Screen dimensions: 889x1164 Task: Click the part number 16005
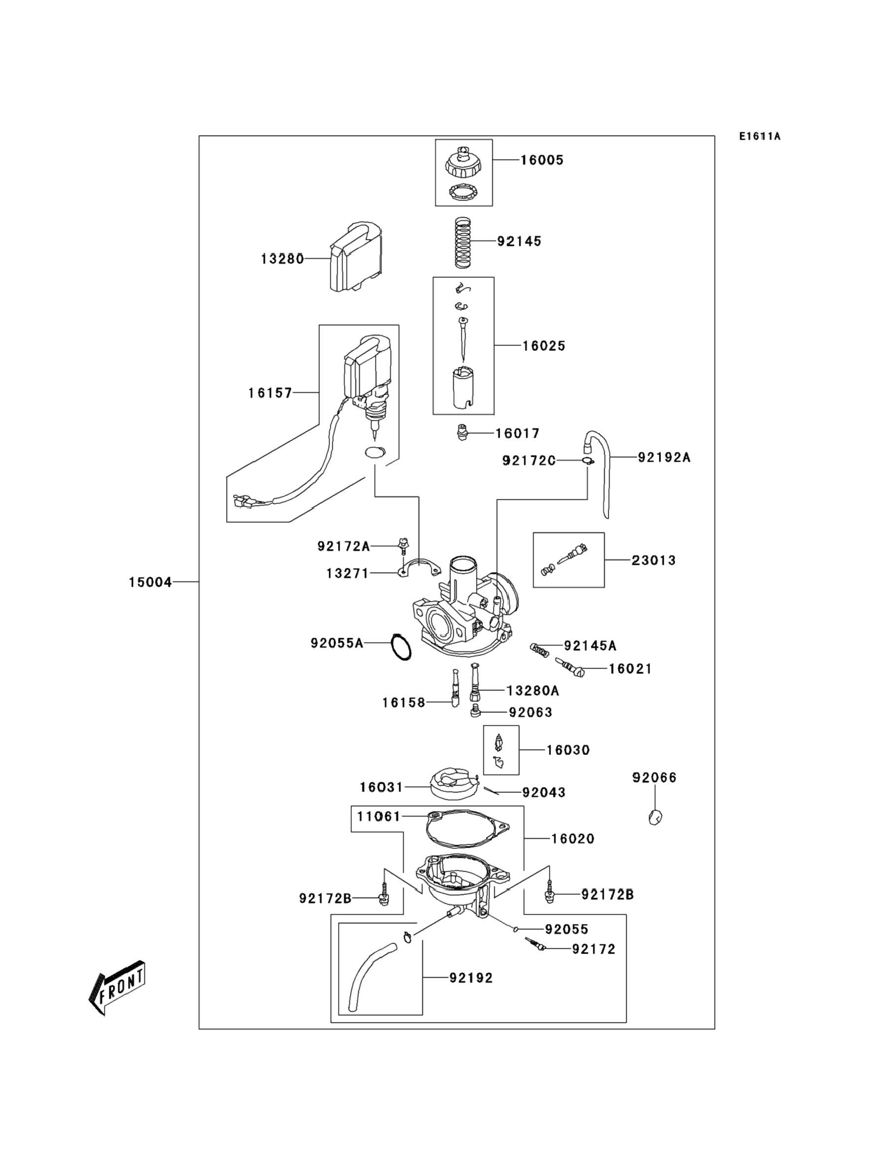tap(542, 160)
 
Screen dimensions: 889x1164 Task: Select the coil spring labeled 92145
tap(463, 243)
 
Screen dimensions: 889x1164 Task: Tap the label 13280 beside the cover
tap(282, 259)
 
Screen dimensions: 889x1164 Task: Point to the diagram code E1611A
tap(760, 137)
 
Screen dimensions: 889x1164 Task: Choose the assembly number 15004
tap(150, 582)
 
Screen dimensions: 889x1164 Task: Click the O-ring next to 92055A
tap(401, 646)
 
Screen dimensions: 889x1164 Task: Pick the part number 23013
tap(653, 560)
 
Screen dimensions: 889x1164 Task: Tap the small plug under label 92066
tap(655, 818)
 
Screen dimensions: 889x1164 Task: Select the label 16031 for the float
tap(381, 787)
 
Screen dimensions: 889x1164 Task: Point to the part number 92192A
tap(664, 457)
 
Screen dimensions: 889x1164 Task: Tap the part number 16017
tap(517, 433)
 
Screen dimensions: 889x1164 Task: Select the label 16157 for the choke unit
tap(271, 393)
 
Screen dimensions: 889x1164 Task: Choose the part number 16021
tap(630, 669)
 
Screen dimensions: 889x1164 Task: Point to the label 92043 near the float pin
tap(544, 792)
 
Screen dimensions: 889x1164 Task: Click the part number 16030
tap(568, 750)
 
